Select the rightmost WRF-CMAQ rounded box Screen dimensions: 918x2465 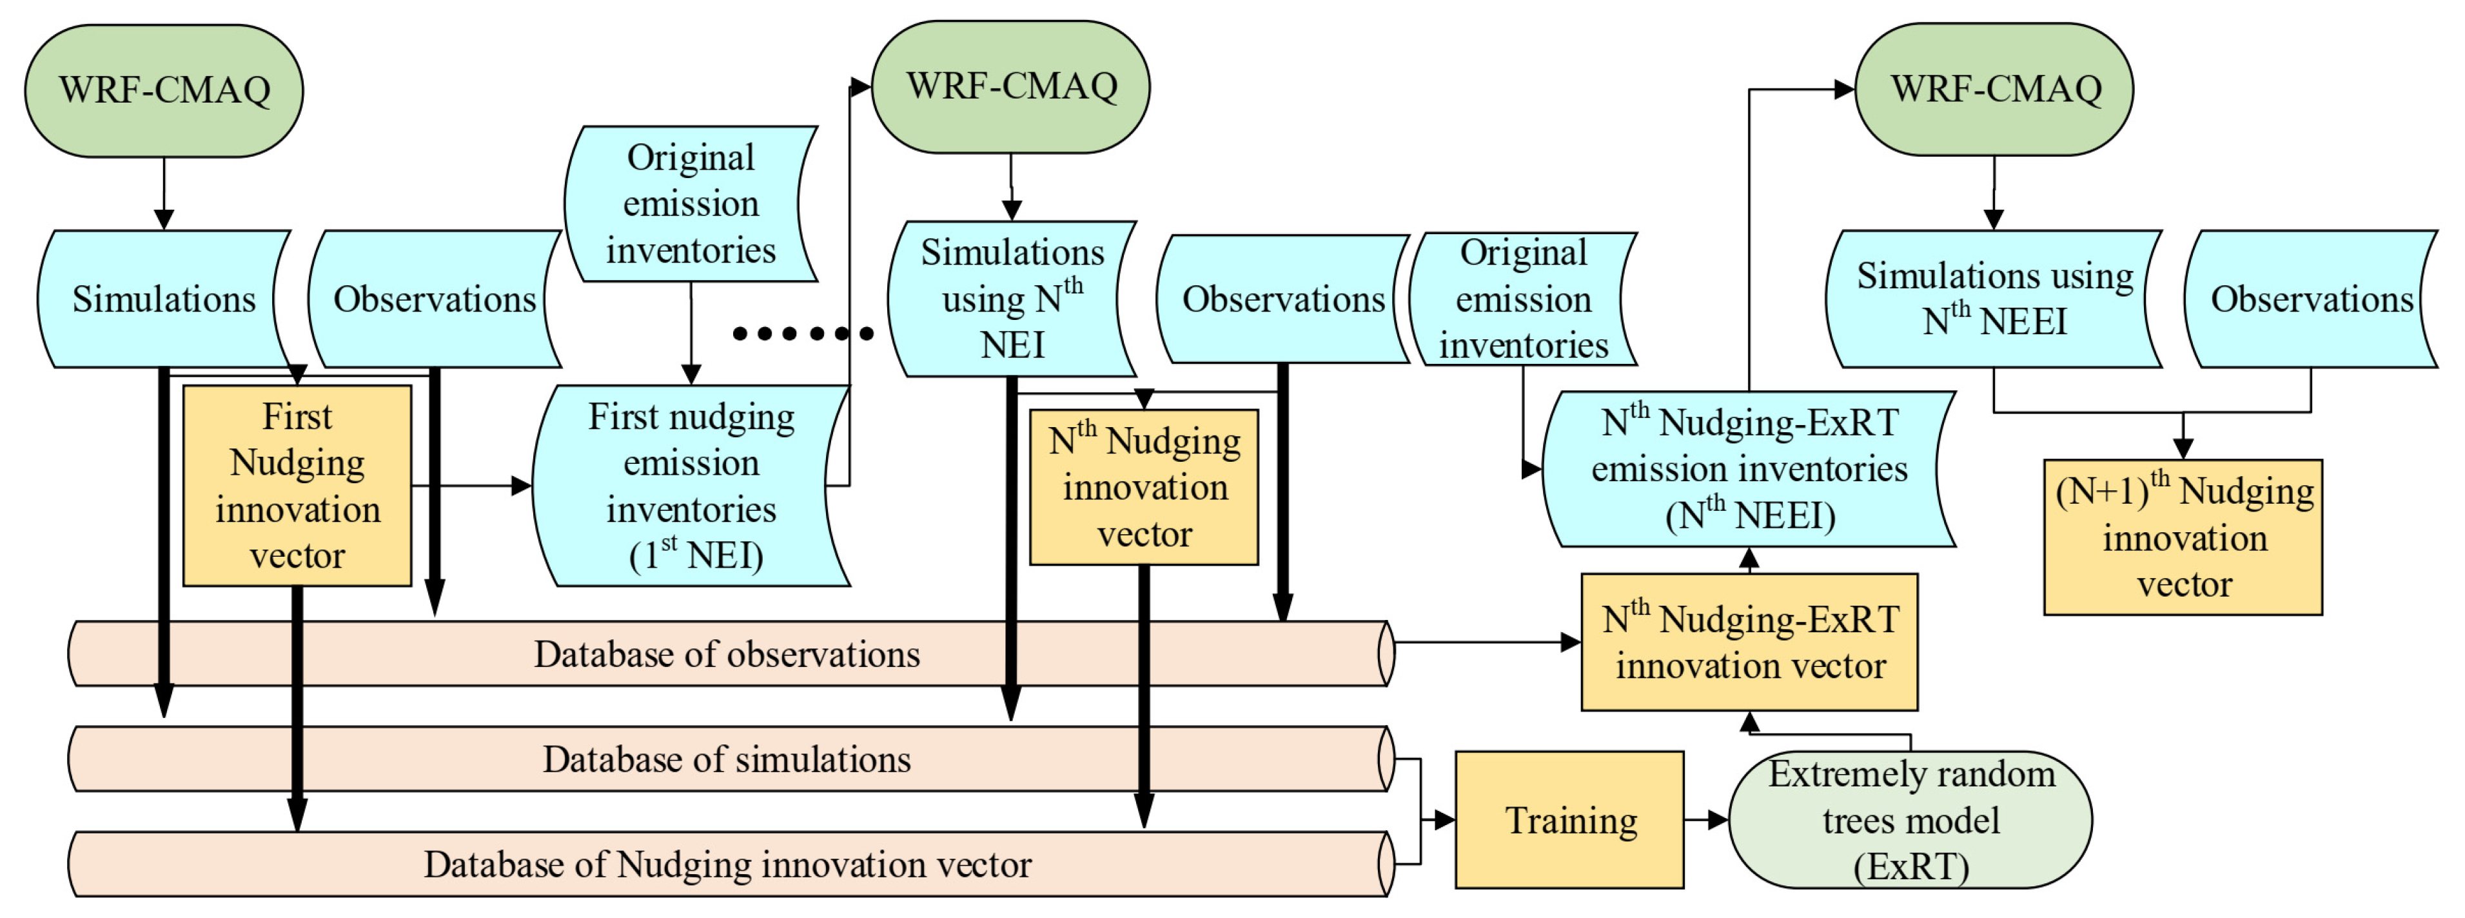[1994, 89]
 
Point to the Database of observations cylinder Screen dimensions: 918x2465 [727, 654]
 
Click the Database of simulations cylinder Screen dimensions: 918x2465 [727, 759]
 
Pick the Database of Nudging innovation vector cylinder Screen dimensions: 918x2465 [727, 864]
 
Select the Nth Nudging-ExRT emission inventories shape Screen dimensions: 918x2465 [1749, 469]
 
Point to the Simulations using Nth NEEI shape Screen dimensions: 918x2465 [1994, 299]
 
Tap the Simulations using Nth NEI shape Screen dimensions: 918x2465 [1012, 299]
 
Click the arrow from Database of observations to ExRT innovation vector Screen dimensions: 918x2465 [1483, 643]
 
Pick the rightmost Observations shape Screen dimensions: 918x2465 [2311, 299]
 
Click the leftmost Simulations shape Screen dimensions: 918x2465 [164, 299]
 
